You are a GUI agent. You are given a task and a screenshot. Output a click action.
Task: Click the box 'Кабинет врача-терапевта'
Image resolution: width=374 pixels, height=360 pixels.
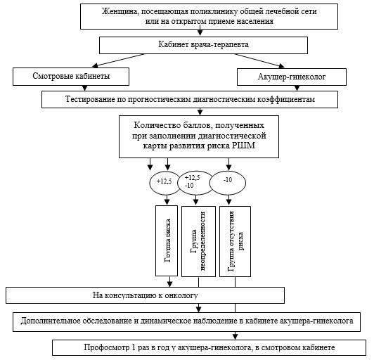(x=203, y=45)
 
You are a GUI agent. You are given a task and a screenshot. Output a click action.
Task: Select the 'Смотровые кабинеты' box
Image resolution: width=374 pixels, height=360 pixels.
(x=71, y=77)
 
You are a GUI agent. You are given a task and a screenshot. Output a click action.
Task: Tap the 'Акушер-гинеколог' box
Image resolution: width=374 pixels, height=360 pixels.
(x=292, y=77)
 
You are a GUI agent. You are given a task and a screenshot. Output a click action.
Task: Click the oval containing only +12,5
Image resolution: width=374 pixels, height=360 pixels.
(x=165, y=183)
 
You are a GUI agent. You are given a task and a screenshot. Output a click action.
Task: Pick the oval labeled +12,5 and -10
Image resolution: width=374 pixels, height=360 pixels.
(x=195, y=183)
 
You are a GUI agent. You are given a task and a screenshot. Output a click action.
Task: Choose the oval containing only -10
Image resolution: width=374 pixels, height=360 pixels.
(x=228, y=183)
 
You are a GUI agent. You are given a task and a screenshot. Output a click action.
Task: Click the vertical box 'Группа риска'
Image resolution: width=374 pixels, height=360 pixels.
(x=167, y=240)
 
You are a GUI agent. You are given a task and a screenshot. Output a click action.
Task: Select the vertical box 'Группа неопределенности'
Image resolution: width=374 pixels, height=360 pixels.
(x=198, y=241)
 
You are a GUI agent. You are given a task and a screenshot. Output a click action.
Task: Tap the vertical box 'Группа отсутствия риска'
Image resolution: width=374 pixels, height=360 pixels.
(x=235, y=241)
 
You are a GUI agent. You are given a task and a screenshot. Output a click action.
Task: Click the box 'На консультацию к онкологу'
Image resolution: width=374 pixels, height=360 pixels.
(x=145, y=295)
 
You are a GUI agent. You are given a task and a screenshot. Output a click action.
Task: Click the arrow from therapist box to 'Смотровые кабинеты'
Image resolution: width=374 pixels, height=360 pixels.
(x=119, y=60)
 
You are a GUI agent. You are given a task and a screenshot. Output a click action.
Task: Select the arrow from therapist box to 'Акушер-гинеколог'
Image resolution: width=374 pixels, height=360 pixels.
(x=259, y=60)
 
